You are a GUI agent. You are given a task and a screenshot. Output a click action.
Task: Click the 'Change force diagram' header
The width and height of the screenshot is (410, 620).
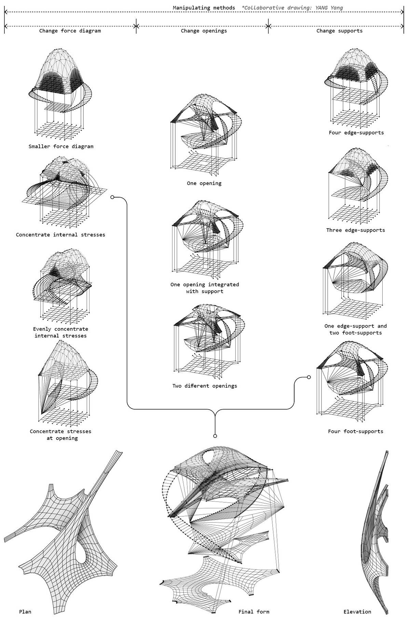point(70,31)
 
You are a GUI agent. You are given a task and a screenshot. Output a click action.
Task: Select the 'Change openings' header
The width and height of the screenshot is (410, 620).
point(204,31)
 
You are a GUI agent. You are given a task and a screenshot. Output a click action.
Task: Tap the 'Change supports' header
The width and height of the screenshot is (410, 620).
point(339,31)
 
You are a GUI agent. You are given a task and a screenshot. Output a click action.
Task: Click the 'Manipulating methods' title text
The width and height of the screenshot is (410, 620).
point(204,8)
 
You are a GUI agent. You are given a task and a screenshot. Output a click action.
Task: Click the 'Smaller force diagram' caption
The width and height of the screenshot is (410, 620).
point(61,146)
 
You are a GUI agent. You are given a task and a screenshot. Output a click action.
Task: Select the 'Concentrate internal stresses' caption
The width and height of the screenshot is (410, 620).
point(60,235)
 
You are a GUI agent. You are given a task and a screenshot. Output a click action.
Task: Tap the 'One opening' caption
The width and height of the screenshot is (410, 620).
point(204,183)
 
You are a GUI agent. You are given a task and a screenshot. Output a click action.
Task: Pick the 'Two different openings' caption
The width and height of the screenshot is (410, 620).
point(204,386)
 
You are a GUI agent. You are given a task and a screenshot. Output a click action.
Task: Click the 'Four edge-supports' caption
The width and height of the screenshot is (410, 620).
point(356,132)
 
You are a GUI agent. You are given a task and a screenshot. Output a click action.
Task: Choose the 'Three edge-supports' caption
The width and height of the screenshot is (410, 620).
point(355,230)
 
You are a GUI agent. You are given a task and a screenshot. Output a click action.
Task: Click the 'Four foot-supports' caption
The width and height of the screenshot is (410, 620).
point(355,431)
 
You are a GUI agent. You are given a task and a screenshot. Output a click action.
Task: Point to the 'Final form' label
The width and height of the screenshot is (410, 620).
point(254,611)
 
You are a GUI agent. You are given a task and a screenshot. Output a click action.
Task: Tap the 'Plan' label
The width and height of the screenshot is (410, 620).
point(25,611)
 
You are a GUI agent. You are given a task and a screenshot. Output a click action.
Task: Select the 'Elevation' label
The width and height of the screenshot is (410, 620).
point(357,611)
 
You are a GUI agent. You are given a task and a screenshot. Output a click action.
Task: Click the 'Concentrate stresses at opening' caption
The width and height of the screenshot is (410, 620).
point(60,435)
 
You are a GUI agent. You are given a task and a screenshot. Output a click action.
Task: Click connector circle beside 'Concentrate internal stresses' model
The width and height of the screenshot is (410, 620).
point(112,197)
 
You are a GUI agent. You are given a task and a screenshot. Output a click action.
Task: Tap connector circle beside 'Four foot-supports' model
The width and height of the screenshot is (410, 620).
point(309,377)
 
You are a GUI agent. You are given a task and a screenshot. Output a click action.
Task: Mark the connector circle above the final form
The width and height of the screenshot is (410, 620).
point(215,436)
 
